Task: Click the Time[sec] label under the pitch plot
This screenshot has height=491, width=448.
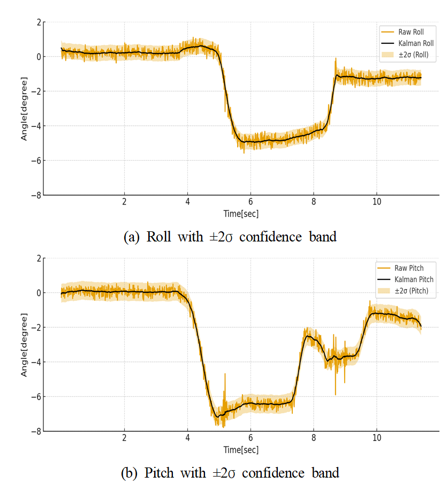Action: [x=241, y=449]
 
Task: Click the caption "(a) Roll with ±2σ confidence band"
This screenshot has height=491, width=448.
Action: [x=230, y=237]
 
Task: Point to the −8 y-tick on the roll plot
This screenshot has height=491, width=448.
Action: [x=36, y=195]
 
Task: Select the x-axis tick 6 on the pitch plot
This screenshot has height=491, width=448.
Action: [x=250, y=437]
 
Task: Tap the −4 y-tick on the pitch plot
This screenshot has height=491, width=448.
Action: [x=36, y=362]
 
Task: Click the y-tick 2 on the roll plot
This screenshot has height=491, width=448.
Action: [x=38, y=22]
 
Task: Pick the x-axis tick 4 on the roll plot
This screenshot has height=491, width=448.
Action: [x=187, y=201]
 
